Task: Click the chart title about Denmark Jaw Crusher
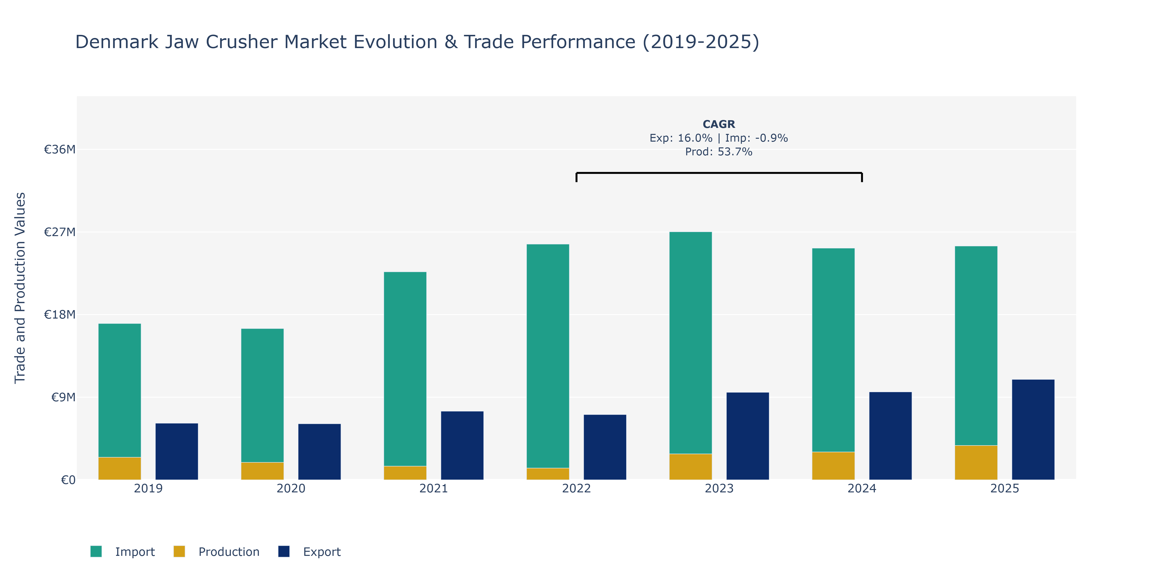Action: coord(417,42)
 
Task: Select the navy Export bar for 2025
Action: coord(1033,430)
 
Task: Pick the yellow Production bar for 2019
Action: coord(120,469)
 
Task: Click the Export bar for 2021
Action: coord(462,445)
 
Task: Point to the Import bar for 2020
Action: coord(262,395)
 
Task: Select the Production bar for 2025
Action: coord(976,463)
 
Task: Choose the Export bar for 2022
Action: coord(605,447)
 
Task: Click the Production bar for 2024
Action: coord(834,466)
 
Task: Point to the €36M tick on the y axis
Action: coord(60,149)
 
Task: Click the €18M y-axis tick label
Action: coord(60,314)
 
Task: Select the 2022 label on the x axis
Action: coord(576,488)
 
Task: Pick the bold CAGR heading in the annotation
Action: coord(719,124)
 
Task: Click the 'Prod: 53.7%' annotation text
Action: coord(719,152)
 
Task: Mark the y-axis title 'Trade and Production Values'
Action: coord(20,288)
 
